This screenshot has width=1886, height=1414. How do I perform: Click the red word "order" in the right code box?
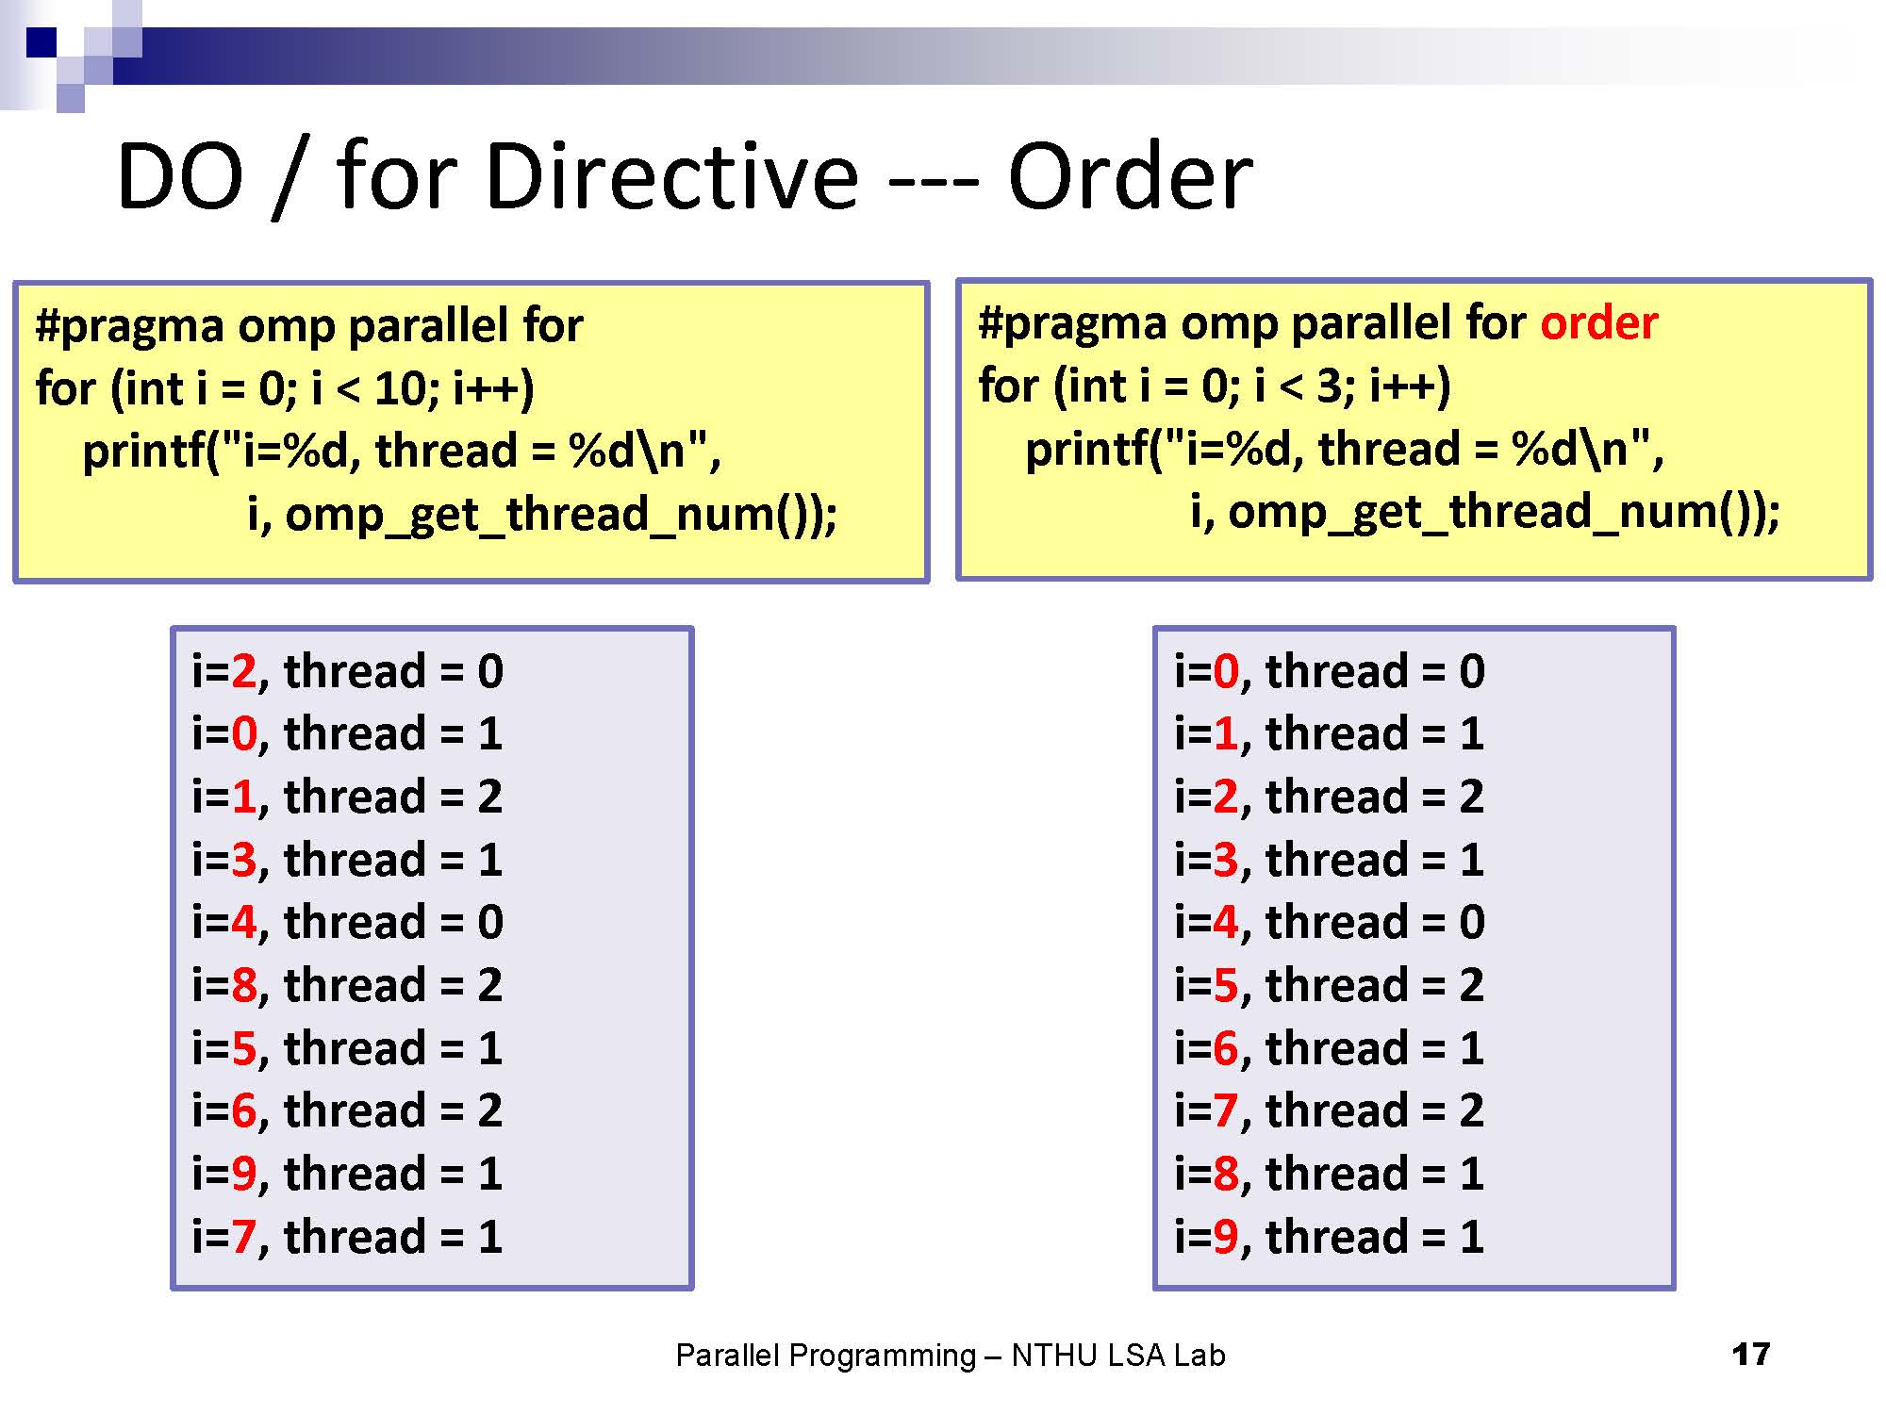(1598, 323)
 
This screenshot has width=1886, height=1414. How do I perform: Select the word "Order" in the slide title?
(1130, 176)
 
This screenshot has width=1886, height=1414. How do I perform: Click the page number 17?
(1750, 1355)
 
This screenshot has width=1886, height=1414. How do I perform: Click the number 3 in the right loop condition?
(1329, 386)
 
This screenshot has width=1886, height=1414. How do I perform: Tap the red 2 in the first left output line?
(243, 671)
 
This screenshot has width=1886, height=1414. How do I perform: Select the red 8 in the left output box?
(243, 985)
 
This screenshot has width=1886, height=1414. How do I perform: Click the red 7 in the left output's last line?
(243, 1237)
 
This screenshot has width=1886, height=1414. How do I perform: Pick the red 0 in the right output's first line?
(1226, 671)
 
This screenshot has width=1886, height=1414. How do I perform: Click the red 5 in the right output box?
(1226, 985)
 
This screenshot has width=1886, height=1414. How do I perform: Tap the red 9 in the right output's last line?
(1226, 1237)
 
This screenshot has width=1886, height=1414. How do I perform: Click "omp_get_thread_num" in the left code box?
(527, 516)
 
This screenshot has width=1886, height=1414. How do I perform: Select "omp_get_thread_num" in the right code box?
(1470, 513)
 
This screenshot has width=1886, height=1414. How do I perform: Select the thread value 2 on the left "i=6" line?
(489, 1110)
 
